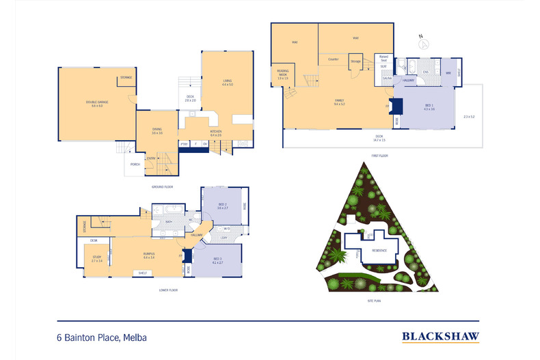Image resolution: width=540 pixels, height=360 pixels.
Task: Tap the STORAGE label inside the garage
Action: click(126, 78)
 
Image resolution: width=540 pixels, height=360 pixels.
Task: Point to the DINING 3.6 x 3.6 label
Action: click(157, 131)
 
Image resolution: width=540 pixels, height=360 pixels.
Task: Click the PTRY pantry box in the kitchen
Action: click(184, 144)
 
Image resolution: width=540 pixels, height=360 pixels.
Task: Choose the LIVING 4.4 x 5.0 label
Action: click(227, 83)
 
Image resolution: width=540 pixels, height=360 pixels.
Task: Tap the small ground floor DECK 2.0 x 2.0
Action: click(191, 98)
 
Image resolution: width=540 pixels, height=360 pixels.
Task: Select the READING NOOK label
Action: click(283, 74)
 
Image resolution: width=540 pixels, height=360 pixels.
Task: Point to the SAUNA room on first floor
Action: click(386, 79)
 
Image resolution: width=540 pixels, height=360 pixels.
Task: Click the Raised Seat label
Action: click(383, 59)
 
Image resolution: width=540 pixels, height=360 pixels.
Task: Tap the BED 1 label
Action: click(429, 107)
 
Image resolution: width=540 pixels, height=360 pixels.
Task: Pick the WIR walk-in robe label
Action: click(448, 72)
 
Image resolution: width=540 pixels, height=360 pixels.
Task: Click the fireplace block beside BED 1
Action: click(392, 107)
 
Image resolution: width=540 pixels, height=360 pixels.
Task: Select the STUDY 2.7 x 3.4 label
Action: click(96, 259)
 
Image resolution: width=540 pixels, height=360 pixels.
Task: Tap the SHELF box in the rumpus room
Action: click(142, 273)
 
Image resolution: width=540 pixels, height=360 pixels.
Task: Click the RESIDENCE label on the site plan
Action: click(379, 250)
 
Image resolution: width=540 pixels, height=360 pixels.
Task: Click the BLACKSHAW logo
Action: click(440, 335)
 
